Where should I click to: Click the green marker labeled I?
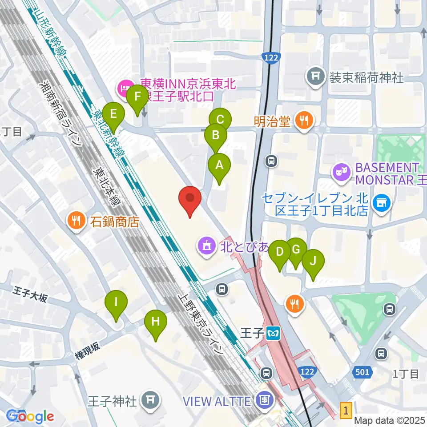pos(116,303)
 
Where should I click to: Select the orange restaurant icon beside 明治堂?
pos(304,120)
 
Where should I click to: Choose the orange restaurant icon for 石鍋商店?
pos(76,220)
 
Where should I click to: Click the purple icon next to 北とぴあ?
pos(207,245)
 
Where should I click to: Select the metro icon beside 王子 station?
pos(272,333)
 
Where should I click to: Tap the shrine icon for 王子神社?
pos(148,400)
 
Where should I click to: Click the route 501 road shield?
pos(362,372)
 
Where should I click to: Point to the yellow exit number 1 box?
pos(346,409)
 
